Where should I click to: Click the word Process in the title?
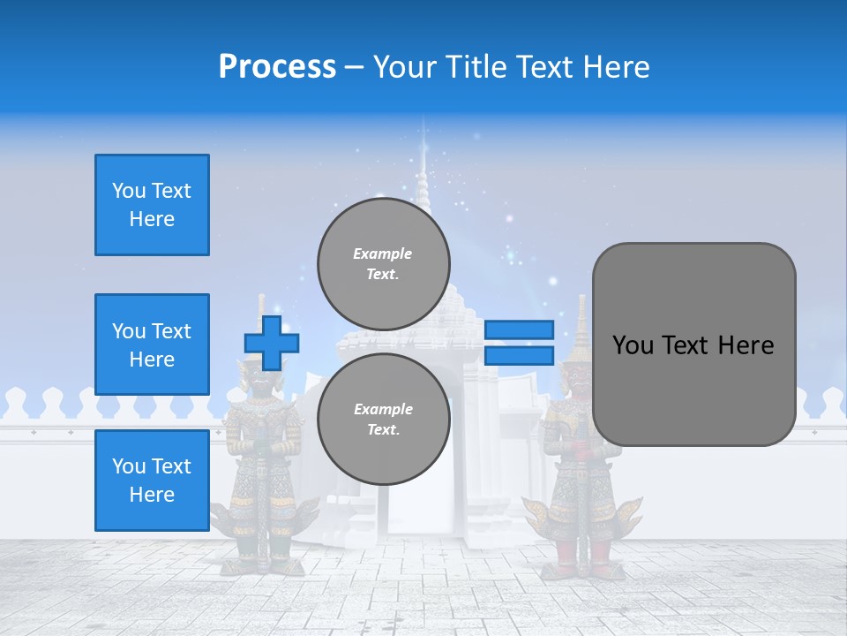277,66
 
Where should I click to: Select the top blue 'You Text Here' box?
152,205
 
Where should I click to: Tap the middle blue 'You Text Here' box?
152,344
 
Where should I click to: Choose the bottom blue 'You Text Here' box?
152,481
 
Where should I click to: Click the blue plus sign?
272,343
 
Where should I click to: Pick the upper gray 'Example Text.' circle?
384,263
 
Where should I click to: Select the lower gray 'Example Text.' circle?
384,419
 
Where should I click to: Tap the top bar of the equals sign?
519,330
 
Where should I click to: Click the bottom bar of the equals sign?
519,355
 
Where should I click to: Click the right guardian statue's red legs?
586,552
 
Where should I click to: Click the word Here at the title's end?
615,66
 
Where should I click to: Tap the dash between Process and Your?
354,67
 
